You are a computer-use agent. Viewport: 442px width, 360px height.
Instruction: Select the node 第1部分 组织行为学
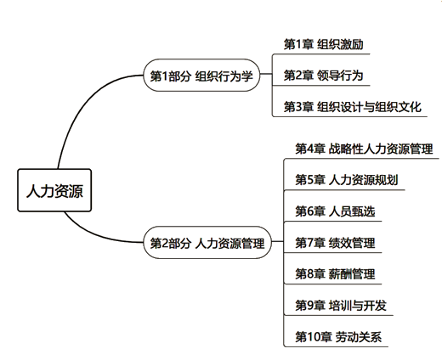(x=201, y=76)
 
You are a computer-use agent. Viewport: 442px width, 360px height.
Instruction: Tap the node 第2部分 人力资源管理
(x=207, y=243)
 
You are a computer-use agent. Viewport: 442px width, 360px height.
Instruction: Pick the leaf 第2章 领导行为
(x=323, y=76)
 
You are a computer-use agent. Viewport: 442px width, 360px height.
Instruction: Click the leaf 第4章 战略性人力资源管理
(x=364, y=149)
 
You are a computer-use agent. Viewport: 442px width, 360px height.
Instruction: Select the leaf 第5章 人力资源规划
(x=347, y=180)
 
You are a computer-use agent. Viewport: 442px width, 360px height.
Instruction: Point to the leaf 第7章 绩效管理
(x=335, y=243)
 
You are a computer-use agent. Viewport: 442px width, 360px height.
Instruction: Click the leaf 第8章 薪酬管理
(x=335, y=274)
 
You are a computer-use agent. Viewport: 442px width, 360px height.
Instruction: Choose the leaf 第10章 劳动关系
(x=338, y=337)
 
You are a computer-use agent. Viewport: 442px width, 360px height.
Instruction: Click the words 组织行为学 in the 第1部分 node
(x=224, y=76)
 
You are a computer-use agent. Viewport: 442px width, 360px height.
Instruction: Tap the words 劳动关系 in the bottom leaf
(x=360, y=337)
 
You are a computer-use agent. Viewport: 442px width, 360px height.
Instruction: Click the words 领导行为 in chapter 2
(x=340, y=76)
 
